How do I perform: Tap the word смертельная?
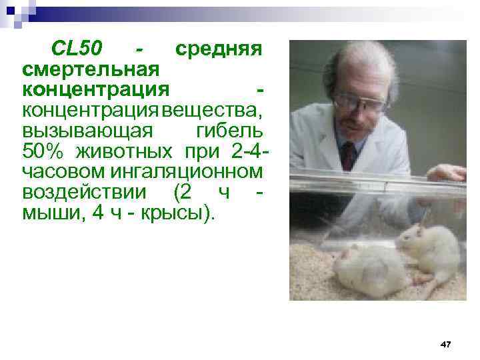tap(91, 69)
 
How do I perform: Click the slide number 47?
tap(446, 344)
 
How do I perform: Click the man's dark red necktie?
tap(349, 155)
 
